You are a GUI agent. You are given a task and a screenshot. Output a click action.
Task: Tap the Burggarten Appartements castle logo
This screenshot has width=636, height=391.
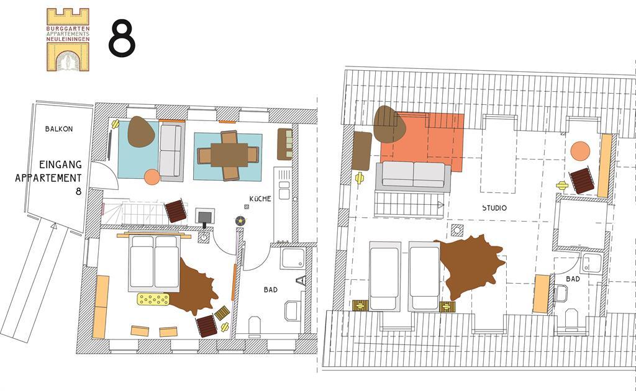click(x=68, y=40)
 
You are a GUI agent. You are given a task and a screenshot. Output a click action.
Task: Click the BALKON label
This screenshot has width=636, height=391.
click(x=59, y=129)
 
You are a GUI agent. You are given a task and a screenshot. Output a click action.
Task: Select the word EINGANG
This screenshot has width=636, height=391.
click(x=60, y=164)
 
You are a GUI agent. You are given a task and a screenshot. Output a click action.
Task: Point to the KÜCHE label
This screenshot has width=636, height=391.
click(x=260, y=199)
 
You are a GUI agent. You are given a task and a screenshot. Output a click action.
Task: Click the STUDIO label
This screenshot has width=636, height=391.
click(x=494, y=208)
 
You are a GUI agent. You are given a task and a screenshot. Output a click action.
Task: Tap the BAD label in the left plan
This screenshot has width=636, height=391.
click(x=271, y=290)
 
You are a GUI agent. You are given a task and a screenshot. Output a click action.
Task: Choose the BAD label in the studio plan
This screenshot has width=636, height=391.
click(x=573, y=279)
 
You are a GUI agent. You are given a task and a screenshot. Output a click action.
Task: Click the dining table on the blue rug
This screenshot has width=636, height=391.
click(x=229, y=155)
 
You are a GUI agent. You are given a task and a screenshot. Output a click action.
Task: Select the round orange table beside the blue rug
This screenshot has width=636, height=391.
click(x=152, y=177)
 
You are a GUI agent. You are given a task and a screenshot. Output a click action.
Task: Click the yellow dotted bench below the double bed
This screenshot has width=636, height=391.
click(x=153, y=299)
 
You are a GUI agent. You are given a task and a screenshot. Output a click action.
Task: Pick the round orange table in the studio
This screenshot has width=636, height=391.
click(x=581, y=151)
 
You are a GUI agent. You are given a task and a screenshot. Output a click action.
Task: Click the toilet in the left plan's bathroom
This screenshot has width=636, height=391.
click(x=255, y=326)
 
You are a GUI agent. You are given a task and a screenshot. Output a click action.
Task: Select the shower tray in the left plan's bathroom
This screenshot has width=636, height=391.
click(x=293, y=258)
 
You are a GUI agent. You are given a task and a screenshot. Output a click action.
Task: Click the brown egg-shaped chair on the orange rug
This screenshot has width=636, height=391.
click(x=389, y=124)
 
